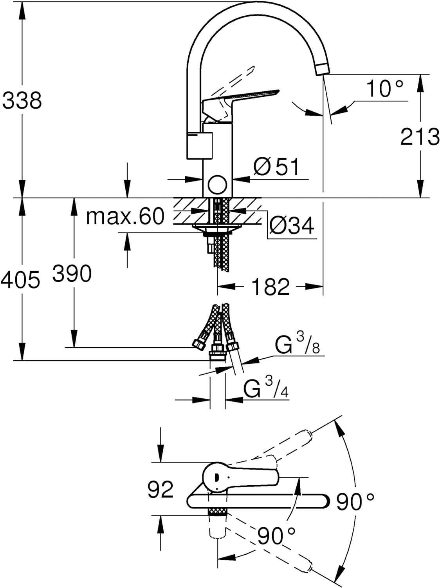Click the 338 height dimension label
coord(22,100)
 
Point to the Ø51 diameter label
coord(276,166)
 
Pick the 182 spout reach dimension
coord(270,287)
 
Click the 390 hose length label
coord(72,273)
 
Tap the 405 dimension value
coord(20,279)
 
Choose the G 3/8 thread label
coord(297,346)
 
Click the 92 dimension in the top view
coord(161,490)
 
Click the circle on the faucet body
coord(218,185)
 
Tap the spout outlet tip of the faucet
coord(323,69)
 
